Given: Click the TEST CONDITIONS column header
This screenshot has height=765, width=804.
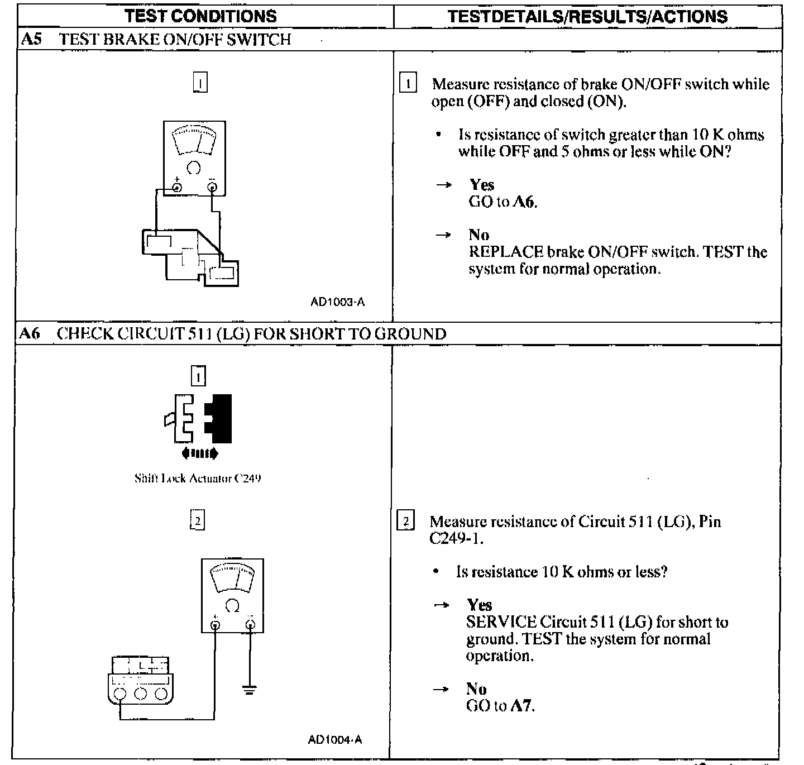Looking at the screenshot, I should (x=201, y=16).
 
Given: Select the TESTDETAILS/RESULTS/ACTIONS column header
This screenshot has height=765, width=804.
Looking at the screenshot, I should (x=587, y=16).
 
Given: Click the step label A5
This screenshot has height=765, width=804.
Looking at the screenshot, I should (x=31, y=40).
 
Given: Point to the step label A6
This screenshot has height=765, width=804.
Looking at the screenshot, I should (x=30, y=334).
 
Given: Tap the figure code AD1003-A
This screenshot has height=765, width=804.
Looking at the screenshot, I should (x=337, y=302).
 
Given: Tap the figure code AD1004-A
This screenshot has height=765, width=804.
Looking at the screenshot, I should (x=335, y=740).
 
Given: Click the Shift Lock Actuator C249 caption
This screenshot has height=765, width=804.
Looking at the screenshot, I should (x=198, y=479).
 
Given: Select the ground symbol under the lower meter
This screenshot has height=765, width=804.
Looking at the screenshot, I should (x=250, y=689).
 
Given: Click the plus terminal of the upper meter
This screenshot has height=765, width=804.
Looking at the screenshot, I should (x=177, y=188).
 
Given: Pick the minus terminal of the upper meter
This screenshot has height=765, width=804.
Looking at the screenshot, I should (x=212, y=188).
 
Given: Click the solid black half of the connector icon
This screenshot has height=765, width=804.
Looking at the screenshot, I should (x=219, y=418).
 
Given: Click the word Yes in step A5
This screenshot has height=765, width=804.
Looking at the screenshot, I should (x=481, y=185).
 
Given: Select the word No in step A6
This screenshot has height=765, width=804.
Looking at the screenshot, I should (x=476, y=688).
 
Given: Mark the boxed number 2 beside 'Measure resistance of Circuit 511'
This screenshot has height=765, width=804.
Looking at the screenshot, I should (x=406, y=522).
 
